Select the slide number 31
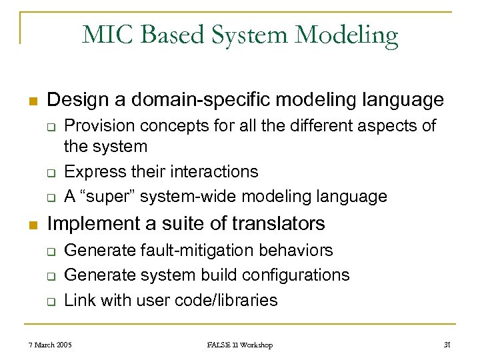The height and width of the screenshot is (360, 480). pyautogui.click(x=447, y=345)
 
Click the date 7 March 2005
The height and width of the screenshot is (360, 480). pyautogui.click(x=51, y=345)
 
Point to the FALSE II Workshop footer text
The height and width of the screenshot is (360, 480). pyautogui.click(x=239, y=345)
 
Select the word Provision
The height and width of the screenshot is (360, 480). pyautogui.click(x=97, y=125)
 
